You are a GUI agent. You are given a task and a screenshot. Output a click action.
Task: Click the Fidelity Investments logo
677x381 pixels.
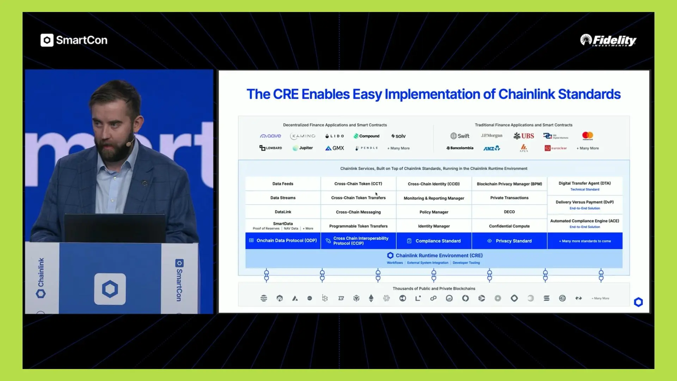[x=608, y=40]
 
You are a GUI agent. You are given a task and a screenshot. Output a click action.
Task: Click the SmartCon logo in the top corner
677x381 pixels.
[x=74, y=40]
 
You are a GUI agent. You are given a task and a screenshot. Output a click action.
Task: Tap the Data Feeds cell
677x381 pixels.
[x=283, y=184]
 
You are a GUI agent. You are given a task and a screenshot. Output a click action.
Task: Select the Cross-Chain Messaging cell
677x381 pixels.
[x=358, y=212]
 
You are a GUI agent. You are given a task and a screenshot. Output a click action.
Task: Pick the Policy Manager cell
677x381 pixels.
[x=434, y=212]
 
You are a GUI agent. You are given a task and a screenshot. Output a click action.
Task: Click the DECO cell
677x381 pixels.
[x=509, y=212]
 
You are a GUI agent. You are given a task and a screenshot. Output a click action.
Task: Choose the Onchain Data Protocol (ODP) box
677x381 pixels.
[x=283, y=241]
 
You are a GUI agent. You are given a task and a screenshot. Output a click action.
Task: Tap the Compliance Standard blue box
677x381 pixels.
[x=434, y=241]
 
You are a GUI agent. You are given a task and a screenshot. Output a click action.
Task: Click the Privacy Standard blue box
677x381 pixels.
[x=509, y=241]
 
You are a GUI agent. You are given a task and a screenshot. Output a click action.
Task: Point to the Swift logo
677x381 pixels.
[x=460, y=136]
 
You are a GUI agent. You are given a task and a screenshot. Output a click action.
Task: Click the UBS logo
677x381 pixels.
[x=524, y=136]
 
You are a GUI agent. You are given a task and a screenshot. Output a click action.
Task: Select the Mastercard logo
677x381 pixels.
[x=587, y=135]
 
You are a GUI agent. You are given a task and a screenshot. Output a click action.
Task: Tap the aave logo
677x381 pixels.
[x=270, y=136]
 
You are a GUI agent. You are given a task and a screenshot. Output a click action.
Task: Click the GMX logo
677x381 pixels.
[x=334, y=148]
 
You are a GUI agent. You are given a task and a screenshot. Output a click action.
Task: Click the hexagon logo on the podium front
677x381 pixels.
[x=110, y=289]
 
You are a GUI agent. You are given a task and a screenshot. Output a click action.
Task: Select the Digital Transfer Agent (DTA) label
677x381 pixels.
[x=584, y=183]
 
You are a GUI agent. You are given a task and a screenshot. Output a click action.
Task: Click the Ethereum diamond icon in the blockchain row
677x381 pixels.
[x=371, y=298]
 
